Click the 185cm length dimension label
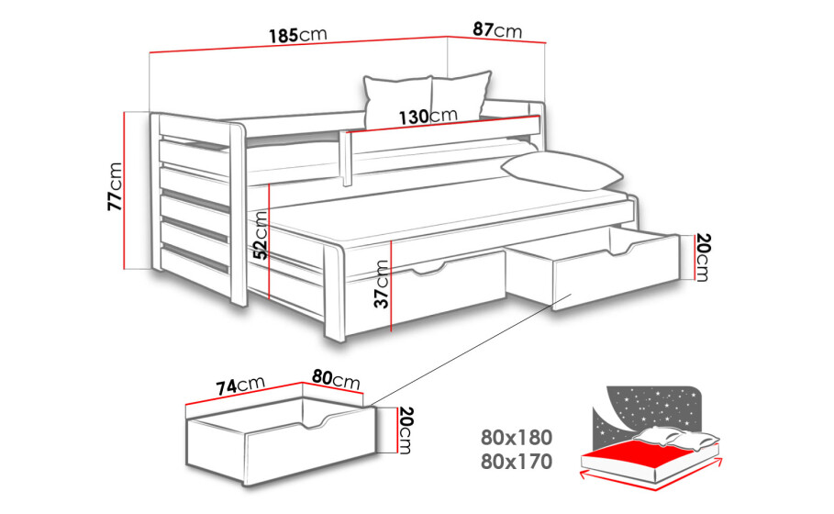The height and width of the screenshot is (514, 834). click(x=297, y=35)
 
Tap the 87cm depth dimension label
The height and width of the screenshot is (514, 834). click(x=497, y=29)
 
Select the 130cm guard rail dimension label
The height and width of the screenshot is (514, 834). click(x=428, y=116)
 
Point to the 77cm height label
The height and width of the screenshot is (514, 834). click(x=115, y=186)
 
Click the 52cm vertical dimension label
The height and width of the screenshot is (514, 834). click(x=260, y=235)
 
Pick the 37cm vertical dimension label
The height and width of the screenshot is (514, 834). click(x=381, y=285)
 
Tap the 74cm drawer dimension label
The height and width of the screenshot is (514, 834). click(x=240, y=385)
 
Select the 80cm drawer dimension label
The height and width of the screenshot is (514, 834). click(x=336, y=379)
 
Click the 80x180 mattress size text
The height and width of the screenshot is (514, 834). click(x=517, y=438)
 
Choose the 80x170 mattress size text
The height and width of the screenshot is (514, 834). click(x=517, y=462)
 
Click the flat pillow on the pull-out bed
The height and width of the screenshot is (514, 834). click(x=562, y=171)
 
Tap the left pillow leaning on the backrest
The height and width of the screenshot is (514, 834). click(x=397, y=102)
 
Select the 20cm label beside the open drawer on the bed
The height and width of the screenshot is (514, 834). click(x=702, y=258)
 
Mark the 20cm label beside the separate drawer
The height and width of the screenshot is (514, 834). click(x=406, y=430)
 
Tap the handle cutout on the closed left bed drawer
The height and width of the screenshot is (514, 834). click(x=428, y=269)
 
